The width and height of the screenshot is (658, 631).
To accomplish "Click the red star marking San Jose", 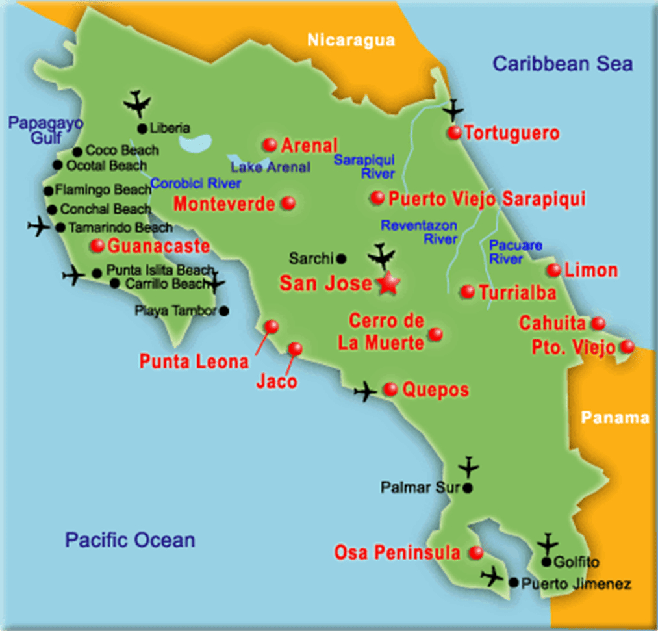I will coord(387,284).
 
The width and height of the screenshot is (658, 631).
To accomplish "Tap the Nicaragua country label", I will coord(351,40).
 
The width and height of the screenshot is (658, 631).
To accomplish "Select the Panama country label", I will coord(614,417).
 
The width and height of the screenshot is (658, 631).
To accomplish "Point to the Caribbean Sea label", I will coord(562,64).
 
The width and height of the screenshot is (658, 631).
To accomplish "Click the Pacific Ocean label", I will coord(130,539).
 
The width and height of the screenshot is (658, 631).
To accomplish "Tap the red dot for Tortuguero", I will coord(454,133).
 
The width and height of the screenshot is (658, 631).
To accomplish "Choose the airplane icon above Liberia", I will coord(137,103).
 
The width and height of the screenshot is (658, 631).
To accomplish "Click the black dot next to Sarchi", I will coord(342,259).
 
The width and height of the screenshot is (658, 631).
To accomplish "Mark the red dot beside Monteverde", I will coord(288,203).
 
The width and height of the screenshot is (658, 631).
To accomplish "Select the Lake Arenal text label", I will coord(271,167).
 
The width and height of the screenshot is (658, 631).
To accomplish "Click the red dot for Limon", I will coord(553,270).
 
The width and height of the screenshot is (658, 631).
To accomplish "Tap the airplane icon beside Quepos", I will coord(366,391).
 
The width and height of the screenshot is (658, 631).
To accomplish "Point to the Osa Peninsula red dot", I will coord(476,553).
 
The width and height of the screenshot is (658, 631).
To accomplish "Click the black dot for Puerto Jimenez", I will coord(514,584).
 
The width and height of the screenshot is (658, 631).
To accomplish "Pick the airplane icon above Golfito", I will coord(548,543).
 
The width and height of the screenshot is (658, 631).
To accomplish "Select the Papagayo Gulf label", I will coord(46,130).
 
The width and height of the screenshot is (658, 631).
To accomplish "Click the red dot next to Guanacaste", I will coord(97,246).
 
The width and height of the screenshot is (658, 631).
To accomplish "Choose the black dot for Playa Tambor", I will coord(224,311).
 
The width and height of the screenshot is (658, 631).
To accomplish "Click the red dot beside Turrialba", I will coord(467,292).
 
